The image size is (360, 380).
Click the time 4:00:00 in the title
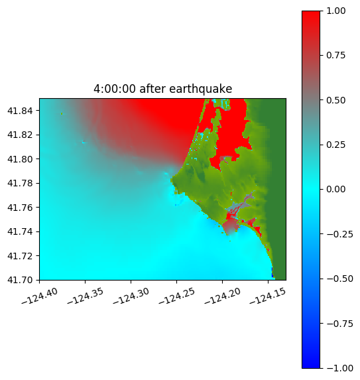115,89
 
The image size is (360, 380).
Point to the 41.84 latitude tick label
20,111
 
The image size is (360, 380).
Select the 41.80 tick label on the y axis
20,159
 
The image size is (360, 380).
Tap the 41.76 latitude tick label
20,208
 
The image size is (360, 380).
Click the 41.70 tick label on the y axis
20,280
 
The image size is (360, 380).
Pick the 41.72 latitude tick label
20,256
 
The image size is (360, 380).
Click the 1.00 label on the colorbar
335,11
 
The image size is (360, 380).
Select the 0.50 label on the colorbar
335,100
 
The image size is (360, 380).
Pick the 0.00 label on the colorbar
335,189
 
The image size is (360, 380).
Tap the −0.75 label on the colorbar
339,323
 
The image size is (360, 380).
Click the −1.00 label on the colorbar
339,368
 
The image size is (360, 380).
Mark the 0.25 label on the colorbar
335,145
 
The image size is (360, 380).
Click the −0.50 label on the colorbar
339,279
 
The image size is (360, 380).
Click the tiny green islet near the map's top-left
62,113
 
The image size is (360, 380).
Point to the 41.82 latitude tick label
20,135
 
